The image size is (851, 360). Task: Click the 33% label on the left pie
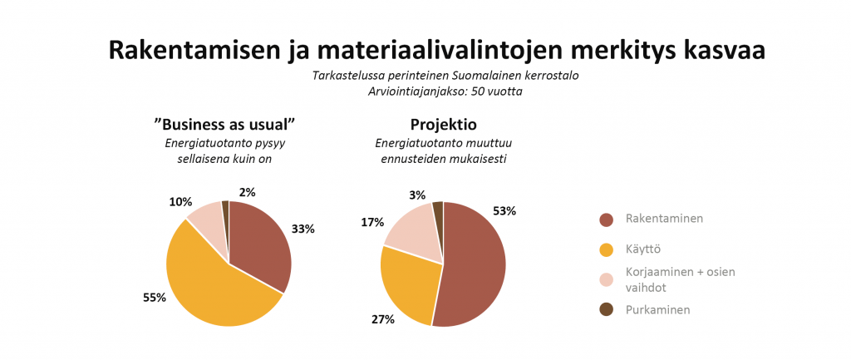coord(303,229)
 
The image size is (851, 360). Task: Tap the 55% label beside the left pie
coord(155,297)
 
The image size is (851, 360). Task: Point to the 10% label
coord(180,202)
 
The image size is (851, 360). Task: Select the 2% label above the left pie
coord(248,192)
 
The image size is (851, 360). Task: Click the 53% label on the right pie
coord(504,211)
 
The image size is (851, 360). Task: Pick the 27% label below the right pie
coord(383,318)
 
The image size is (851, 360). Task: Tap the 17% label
coord(372,222)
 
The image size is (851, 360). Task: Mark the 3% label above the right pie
coord(417,195)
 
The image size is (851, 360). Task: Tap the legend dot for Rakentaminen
coord(606,219)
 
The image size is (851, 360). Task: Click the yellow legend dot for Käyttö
coord(606,249)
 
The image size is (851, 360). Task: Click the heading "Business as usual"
coord(225,125)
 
